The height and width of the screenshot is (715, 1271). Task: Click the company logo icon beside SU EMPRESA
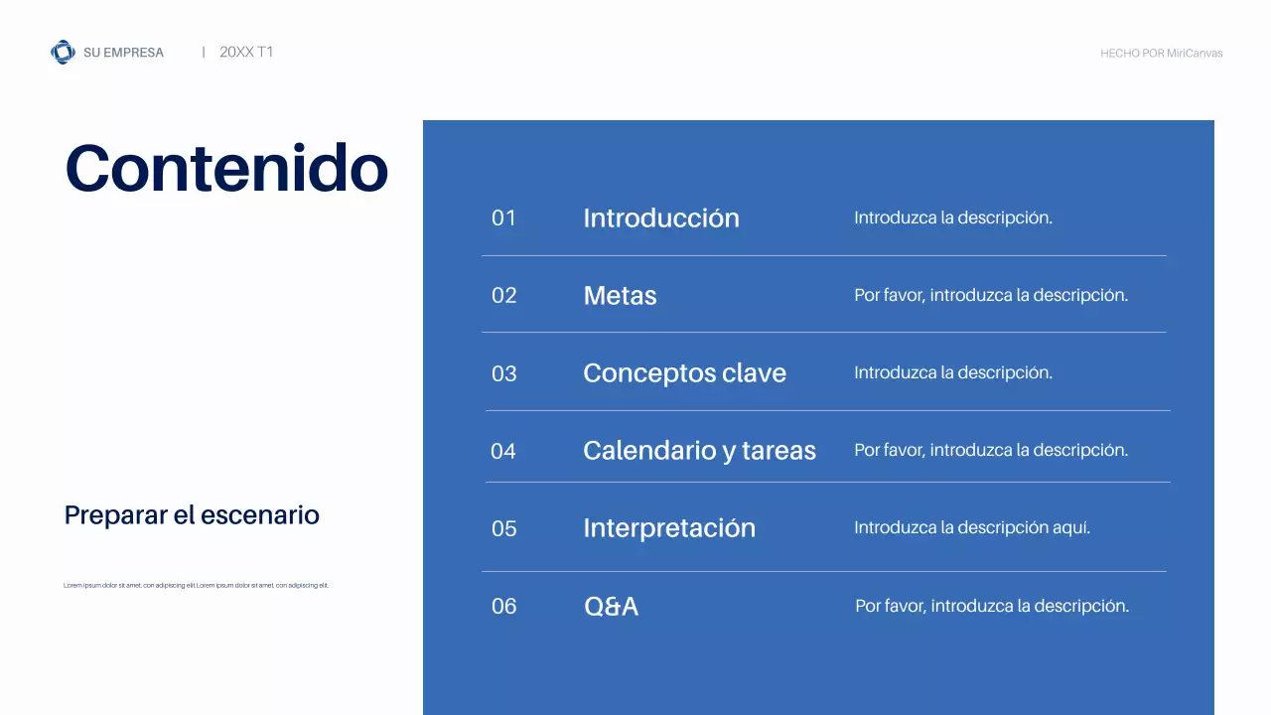point(63,53)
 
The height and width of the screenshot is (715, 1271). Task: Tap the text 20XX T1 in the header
point(246,53)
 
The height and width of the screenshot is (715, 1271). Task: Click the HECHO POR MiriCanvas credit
point(1161,54)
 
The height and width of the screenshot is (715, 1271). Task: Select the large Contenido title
point(226,168)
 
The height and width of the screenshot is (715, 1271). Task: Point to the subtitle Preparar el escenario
point(192,515)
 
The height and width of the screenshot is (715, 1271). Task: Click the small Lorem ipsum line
point(196,586)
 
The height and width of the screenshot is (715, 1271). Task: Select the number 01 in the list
point(504,218)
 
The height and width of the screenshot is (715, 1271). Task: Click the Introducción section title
point(661,218)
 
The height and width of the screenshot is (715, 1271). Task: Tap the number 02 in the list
point(504,296)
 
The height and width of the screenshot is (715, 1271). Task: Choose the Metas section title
point(620,296)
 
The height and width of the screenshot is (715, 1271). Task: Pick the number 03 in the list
point(504,373)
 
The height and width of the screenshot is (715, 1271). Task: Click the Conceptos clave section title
point(684,373)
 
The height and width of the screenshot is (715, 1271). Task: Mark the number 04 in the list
point(503,451)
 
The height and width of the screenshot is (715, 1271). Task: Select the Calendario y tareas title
point(699,451)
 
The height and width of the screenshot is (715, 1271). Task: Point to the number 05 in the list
point(504,528)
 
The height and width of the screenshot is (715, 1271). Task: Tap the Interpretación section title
point(669,528)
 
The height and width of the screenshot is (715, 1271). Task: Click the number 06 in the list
point(504,606)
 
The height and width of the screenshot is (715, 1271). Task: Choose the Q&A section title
point(611,606)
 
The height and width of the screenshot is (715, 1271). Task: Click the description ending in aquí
point(972,528)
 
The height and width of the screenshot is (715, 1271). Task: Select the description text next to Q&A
point(992,606)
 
